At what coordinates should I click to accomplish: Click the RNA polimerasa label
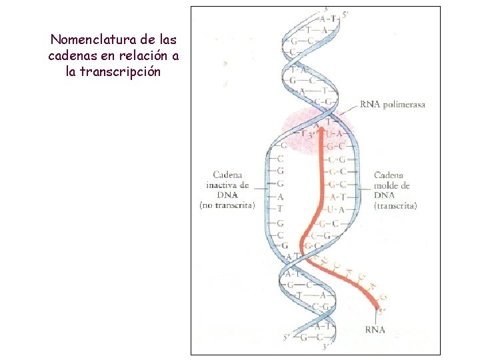pyautogui.click(x=393, y=105)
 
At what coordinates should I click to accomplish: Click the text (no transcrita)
pyautogui.click(x=227, y=205)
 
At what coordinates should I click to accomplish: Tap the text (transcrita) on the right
pyautogui.click(x=395, y=206)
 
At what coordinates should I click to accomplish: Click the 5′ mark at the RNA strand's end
pyautogui.click(x=382, y=309)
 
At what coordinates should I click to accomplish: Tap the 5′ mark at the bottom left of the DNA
pyautogui.click(x=287, y=337)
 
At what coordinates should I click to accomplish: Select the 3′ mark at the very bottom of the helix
pyautogui.click(x=325, y=347)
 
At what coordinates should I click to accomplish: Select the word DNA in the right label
pyautogui.click(x=384, y=195)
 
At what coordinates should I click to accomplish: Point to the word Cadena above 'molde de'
pyautogui.click(x=388, y=175)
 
